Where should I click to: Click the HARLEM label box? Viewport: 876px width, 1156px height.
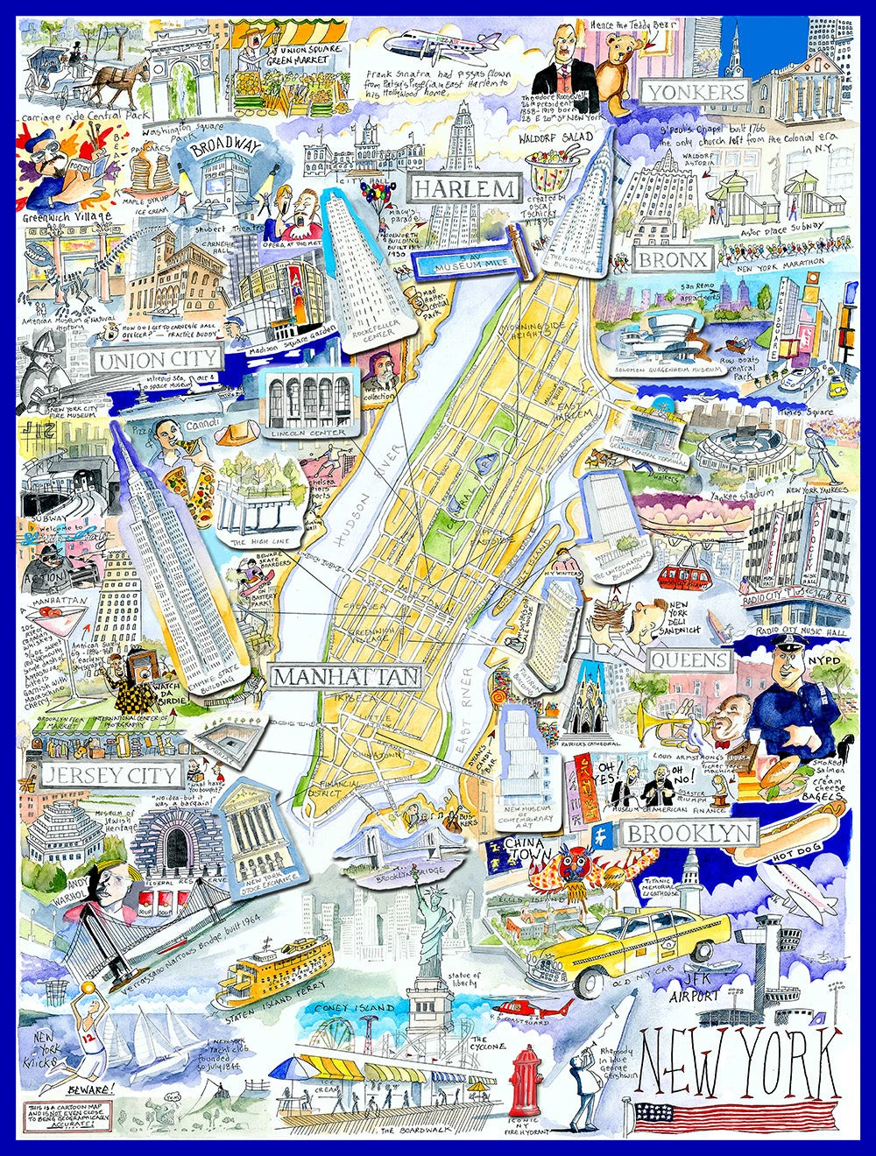point(463,188)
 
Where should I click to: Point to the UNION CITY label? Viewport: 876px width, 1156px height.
point(157,360)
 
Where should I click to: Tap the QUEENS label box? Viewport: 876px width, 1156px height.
point(690,660)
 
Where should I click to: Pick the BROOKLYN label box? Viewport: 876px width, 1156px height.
point(689,834)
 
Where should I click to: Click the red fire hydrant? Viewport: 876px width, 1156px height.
point(526,1079)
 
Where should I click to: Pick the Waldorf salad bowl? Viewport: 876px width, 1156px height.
point(557,176)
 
